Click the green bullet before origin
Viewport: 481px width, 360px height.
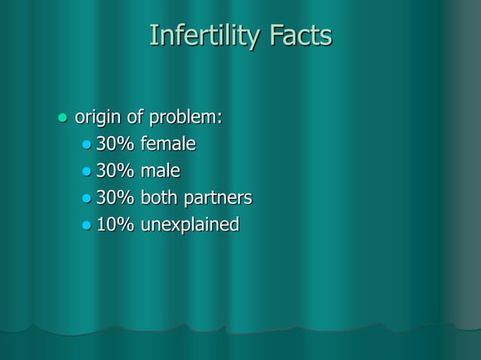(x=63, y=118)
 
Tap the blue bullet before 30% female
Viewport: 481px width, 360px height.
(x=87, y=145)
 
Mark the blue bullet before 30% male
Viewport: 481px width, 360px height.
(x=87, y=172)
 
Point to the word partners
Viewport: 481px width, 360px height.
(x=220, y=198)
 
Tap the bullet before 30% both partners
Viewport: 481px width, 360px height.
(x=87, y=199)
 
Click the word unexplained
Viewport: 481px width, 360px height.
(x=189, y=224)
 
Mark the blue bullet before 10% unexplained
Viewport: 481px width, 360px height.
(x=87, y=225)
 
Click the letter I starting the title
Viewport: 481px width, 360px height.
(x=153, y=35)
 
